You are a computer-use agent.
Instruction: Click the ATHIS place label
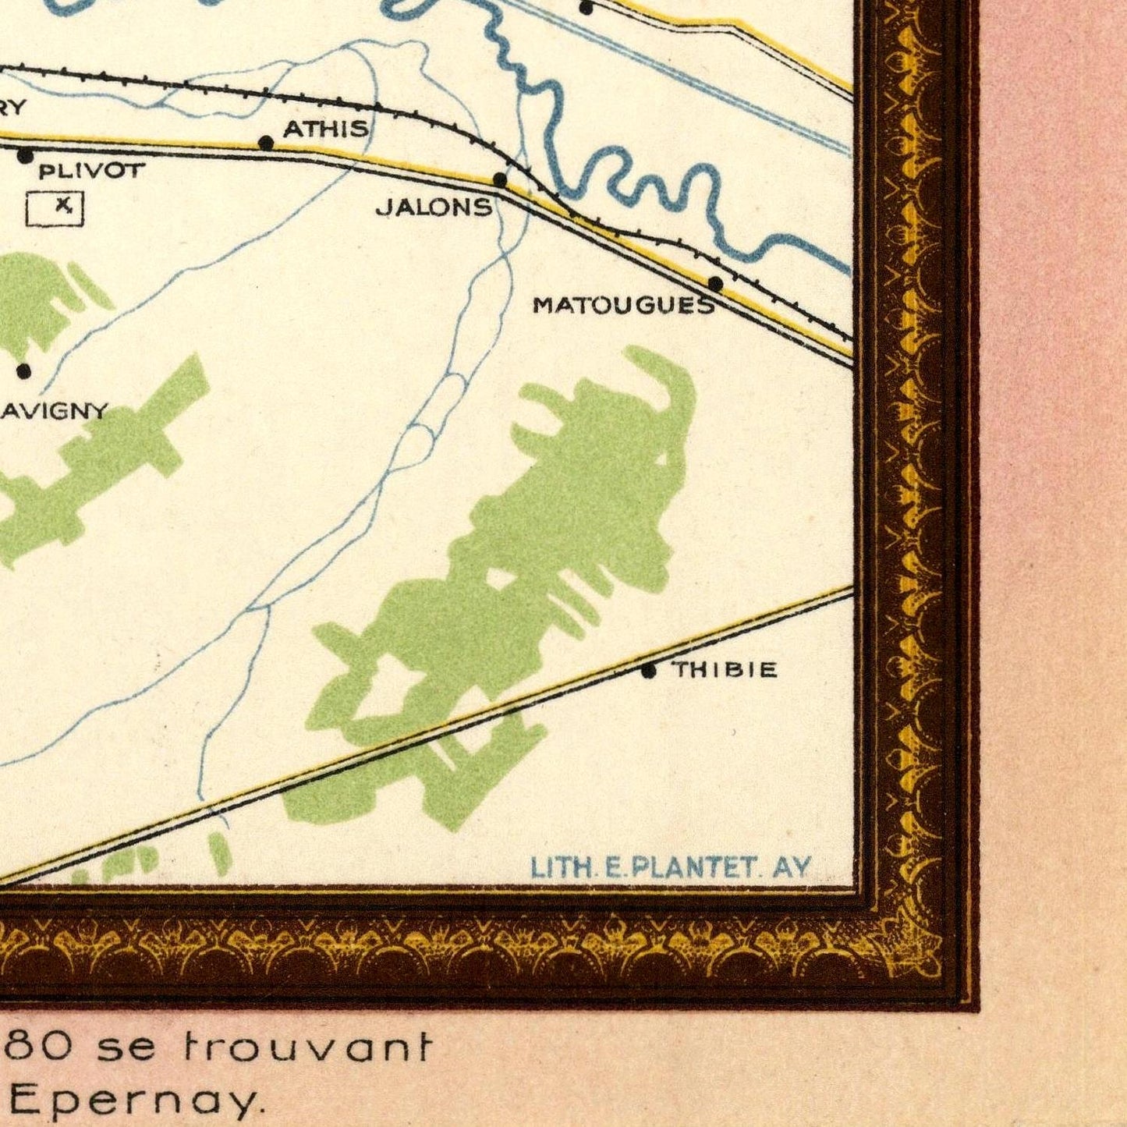point(326,128)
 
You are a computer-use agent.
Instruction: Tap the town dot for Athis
point(266,143)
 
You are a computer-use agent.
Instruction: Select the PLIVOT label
point(91,171)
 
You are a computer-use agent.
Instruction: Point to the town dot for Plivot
point(26,156)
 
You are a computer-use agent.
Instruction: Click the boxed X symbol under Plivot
point(55,208)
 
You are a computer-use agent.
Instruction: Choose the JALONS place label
point(434,207)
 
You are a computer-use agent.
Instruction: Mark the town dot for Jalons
point(500,181)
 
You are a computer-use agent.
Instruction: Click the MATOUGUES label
point(623,306)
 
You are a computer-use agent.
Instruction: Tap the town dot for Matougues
point(715,283)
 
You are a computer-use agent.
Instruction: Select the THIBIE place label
point(725,669)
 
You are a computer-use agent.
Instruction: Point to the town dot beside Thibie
point(649,670)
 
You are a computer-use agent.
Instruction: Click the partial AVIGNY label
point(53,411)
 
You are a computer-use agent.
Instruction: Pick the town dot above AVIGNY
point(24,371)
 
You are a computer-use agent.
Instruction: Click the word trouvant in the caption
point(307,1046)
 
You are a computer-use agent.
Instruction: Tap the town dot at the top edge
point(587,8)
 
